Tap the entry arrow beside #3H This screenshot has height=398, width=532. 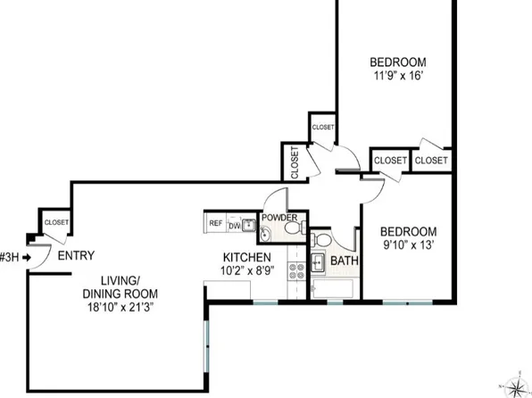coord(28,256)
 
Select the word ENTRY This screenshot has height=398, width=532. coord(75,256)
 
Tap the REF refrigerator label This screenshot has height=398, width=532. coord(215,224)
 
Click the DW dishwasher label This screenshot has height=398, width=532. coord(233,225)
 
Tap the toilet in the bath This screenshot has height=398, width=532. coord(320,242)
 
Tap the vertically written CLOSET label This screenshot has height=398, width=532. coord(295,162)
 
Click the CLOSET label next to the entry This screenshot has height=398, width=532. coord(56,222)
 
